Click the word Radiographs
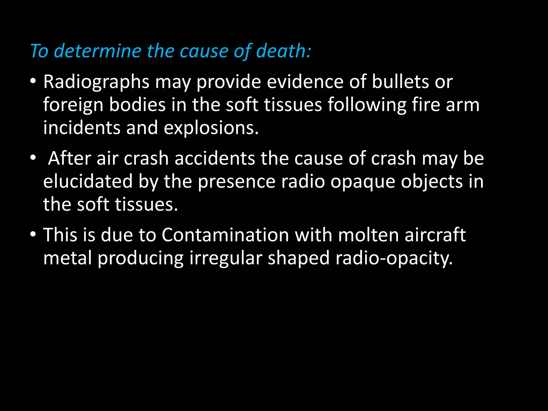(96, 82)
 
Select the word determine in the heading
(97, 51)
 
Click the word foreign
(73, 105)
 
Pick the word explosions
(211, 128)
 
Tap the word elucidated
(88, 181)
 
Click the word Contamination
(225, 235)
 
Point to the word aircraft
(435, 235)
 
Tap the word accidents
(215, 158)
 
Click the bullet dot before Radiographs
(33, 81)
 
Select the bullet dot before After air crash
(33, 158)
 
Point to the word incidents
(82, 128)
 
